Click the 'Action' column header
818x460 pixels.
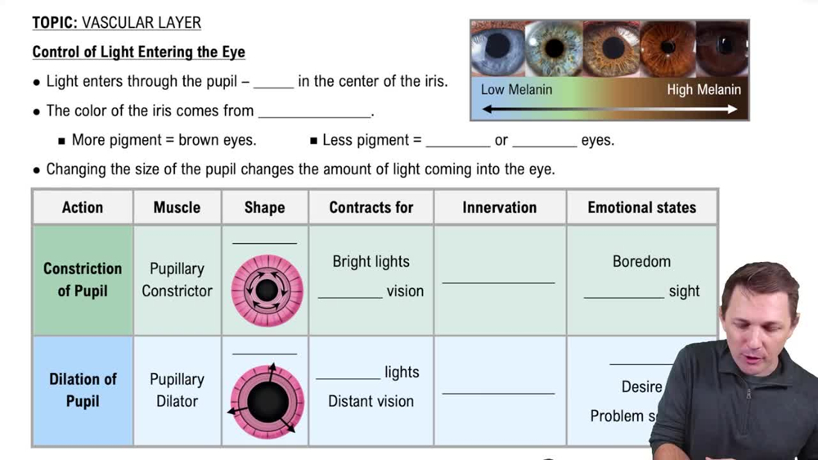coord(83,207)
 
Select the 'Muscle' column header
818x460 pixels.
coord(177,207)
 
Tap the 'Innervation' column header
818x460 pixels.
coord(499,207)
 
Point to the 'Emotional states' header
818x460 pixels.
coord(641,207)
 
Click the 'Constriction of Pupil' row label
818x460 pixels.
coord(83,279)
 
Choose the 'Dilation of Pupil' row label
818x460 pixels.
coord(83,390)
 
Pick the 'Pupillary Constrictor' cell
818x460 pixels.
coord(177,279)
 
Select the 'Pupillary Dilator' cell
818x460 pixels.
coord(177,390)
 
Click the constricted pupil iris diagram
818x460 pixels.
coord(267,290)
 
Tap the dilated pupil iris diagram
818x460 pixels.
coord(267,402)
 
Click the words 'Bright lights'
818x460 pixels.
coord(371,262)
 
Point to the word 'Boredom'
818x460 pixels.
coord(641,262)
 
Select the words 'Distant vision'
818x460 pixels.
coord(371,401)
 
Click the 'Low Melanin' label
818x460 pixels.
coord(516,89)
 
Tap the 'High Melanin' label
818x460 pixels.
coord(703,89)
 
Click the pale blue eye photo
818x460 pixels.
coord(497,47)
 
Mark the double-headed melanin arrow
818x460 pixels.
coord(609,109)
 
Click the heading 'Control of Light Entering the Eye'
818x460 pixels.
coord(138,52)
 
